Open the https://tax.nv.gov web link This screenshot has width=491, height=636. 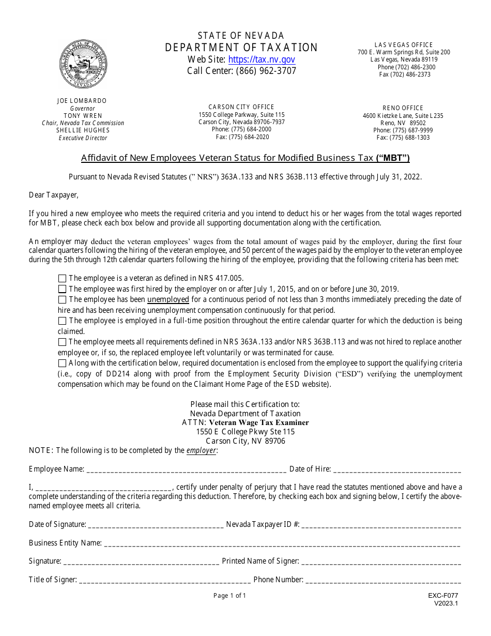click(x=262, y=59)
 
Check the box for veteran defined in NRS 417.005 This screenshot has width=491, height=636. click(x=63, y=278)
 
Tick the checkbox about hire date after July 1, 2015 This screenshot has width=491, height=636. click(x=63, y=289)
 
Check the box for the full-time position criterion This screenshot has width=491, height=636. click(x=63, y=321)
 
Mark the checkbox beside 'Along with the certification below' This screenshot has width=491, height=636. click(x=63, y=364)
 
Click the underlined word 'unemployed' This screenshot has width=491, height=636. click(x=168, y=299)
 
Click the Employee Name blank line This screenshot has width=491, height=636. click(x=186, y=470)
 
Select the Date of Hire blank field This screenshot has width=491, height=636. click(x=397, y=470)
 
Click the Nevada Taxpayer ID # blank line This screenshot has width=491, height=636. click(x=381, y=525)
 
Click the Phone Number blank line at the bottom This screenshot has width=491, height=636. click(x=383, y=580)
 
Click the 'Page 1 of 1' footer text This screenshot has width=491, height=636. click(x=230, y=596)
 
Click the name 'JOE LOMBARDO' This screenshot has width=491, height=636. click(x=82, y=101)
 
